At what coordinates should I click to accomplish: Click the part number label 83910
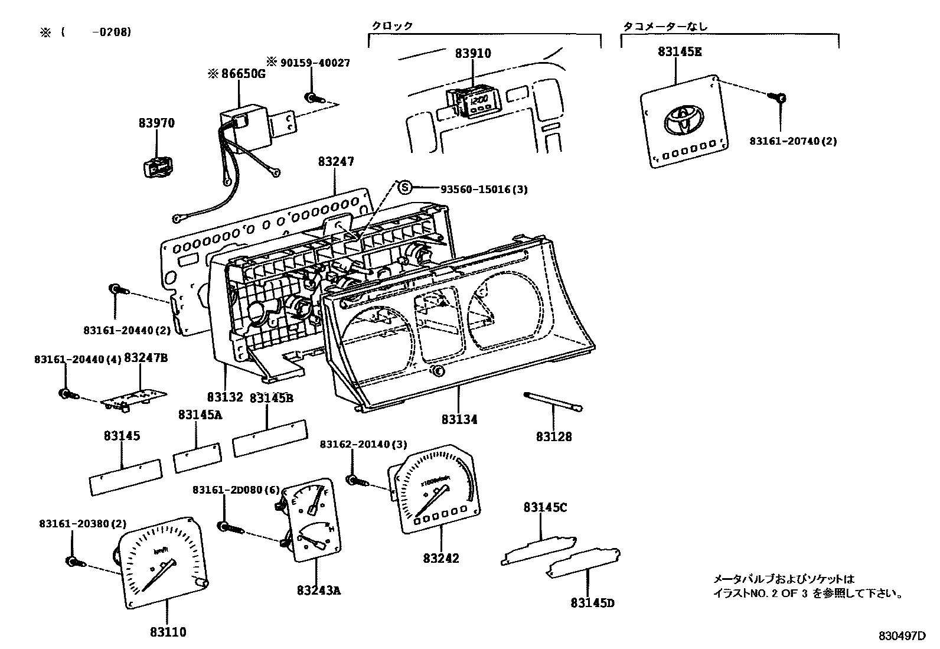[473, 53]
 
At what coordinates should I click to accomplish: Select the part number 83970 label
[156, 123]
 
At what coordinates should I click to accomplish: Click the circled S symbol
[404, 188]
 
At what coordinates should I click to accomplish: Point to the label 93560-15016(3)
[484, 189]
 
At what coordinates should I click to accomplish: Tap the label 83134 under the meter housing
[459, 419]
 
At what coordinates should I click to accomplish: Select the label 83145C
[544, 507]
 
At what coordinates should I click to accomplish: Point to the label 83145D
[592, 603]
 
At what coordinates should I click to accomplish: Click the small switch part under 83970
[157, 168]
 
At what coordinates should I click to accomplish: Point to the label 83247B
[146, 358]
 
